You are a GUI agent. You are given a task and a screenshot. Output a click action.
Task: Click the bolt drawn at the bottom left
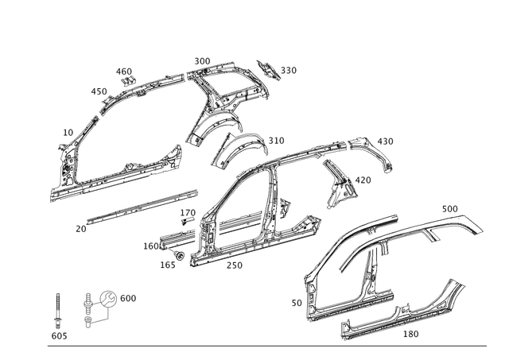[56, 312]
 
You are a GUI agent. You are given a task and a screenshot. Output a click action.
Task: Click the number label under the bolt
[56, 337]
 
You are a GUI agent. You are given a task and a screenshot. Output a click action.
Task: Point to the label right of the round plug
[130, 297]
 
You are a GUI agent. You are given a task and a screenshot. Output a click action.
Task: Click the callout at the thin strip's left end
[80, 227]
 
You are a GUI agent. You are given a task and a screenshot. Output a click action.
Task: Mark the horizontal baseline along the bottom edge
[270, 345]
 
